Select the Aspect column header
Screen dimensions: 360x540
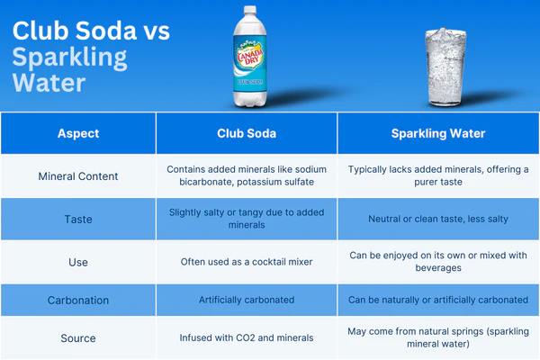point(78,133)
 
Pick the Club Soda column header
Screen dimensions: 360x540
point(247,133)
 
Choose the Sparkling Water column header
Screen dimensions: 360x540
point(438,133)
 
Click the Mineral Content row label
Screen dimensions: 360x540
point(78,176)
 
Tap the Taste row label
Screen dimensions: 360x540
point(78,219)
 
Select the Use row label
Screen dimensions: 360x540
point(78,262)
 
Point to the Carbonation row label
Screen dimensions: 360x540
point(78,300)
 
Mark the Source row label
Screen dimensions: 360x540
point(78,338)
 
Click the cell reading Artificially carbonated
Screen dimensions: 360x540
point(247,300)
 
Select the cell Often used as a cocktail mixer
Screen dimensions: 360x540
point(247,262)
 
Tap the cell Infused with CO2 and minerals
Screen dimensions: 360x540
point(247,338)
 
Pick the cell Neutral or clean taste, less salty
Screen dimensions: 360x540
point(438,219)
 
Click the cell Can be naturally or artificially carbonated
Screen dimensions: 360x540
point(438,300)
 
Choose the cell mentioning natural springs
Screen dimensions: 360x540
point(438,338)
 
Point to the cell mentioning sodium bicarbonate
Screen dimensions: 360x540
point(247,176)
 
